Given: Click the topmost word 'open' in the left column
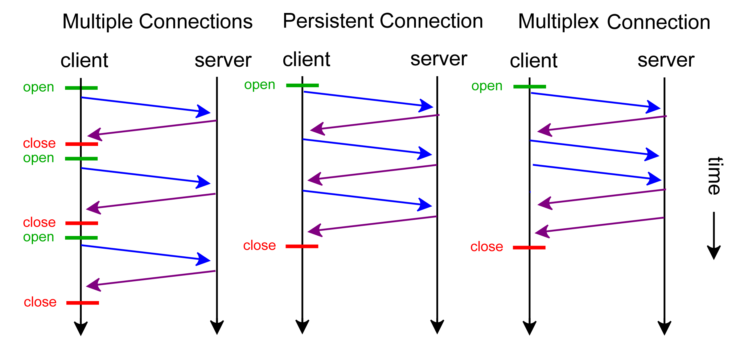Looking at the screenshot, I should click(39, 87).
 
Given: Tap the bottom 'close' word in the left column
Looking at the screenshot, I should click(40, 302).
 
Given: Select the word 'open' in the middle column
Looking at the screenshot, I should click(260, 85).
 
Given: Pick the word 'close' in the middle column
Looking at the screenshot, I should click(259, 246).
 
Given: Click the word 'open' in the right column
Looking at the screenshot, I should click(487, 86).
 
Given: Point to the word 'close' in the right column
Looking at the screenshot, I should click(487, 247).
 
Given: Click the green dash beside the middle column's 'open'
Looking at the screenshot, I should click(302, 85).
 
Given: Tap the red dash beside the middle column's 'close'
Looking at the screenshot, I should click(302, 246).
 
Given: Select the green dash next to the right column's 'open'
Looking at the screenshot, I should click(529, 87).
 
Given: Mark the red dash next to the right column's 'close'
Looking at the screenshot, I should click(529, 247).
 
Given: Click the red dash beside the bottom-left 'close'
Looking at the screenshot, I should click(83, 303).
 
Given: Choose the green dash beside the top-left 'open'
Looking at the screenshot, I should click(81, 88).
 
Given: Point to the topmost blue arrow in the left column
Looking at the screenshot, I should click(145, 105).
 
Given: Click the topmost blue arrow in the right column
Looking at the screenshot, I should click(595, 101).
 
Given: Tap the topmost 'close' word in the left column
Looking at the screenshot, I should click(39, 143).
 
